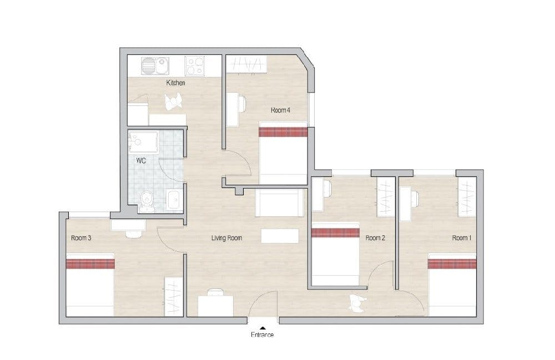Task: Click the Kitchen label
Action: pos(175,83)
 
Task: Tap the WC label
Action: pos(141,161)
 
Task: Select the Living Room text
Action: pos(226,238)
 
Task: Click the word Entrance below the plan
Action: pos(263,334)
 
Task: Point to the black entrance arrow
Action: pos(263,328)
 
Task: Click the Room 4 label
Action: pos(280,110)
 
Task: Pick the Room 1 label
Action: pos(462,238)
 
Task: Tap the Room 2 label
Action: pos(375,238)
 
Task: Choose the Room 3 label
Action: pos(81,238)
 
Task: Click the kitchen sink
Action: pos(155,66)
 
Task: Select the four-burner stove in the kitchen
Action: pos(195,66)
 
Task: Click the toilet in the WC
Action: pos(147,201)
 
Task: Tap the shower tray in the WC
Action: pos(143,142)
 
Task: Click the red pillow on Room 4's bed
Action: pos(283,132)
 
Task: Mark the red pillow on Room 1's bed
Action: pos(452,264)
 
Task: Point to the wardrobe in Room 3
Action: pos(173,297)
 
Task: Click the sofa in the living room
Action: pos(280,202)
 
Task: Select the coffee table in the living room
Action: pos(280,236)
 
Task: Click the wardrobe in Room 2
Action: pos(386,196)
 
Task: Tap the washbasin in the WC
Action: pos(174,200)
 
